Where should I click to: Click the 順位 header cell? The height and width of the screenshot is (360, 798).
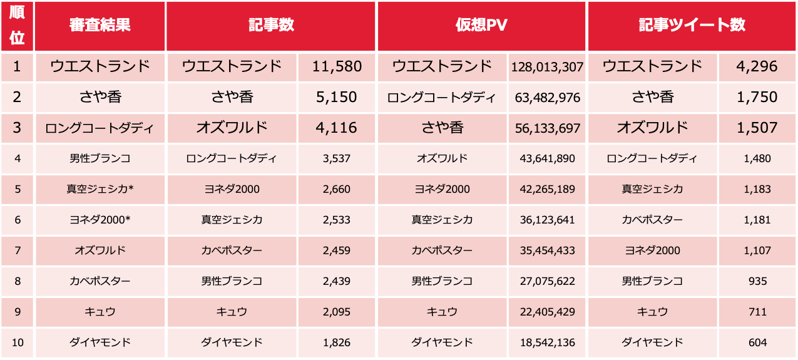pos(18,26)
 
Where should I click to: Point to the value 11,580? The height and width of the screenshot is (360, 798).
pos(337,66)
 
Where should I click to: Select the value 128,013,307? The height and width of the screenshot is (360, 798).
pos(547,67)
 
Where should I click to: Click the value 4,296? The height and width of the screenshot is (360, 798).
pos(757,66)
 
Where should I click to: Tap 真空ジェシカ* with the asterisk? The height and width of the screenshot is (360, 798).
pos(100,189)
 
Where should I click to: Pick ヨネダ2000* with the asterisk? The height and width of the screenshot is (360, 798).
pos(100,220)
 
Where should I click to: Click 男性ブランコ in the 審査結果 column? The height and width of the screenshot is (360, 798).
pos(100,158)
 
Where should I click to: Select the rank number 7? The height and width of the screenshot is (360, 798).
pos(18,250)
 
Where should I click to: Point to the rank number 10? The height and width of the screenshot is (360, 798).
pos(18,342)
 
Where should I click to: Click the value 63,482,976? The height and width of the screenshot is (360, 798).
pos(547,98)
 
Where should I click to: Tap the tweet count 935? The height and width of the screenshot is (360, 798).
pos(757,281)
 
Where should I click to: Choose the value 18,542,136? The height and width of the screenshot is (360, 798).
pos(547,342)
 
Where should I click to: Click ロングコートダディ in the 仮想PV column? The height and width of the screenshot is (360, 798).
pos(442,98)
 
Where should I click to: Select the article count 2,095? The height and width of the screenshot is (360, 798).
pos(337,312)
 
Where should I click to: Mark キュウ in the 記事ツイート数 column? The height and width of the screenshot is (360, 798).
pos(652,312)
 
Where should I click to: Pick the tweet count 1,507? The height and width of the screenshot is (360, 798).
pos(757,128)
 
